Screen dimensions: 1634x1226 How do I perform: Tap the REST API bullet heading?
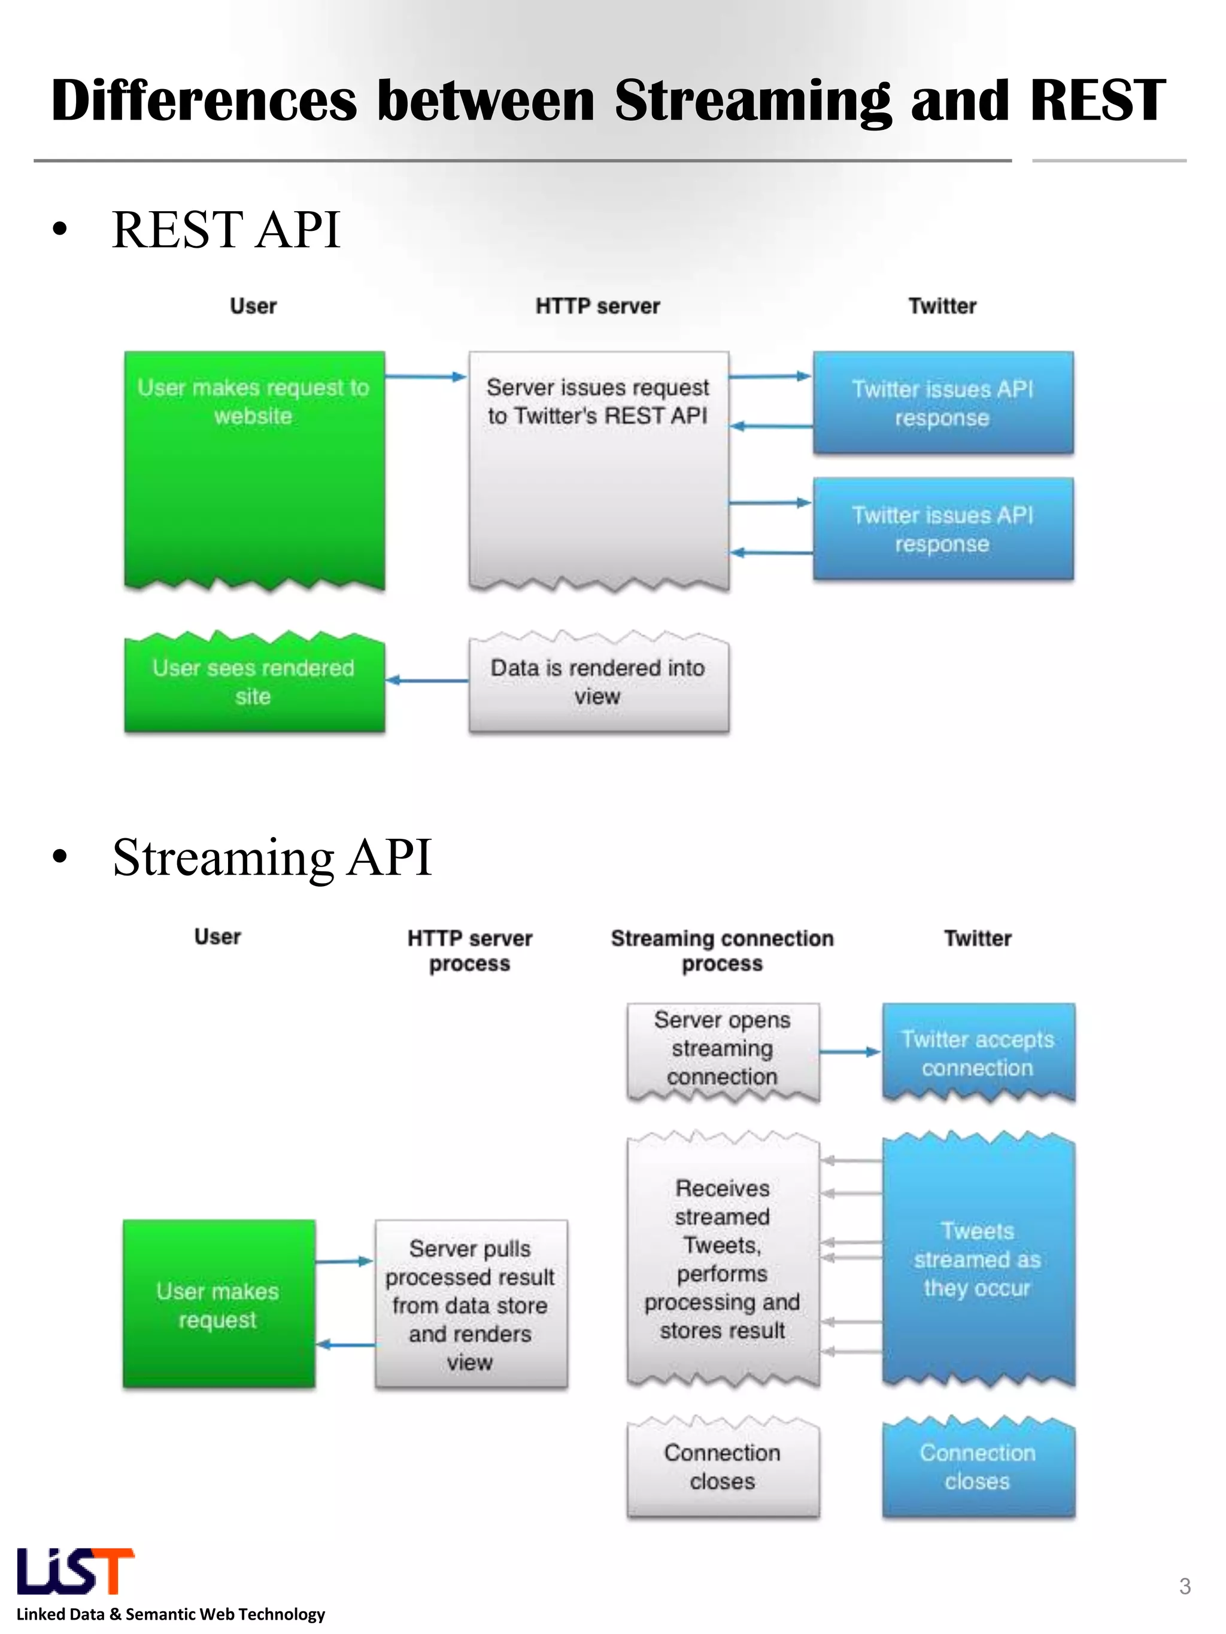click(226, 230)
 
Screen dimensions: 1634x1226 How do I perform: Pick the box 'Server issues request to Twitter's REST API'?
click(598, 468)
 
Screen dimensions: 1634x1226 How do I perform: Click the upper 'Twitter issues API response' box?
click(942, 403)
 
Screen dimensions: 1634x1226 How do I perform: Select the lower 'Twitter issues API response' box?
click(942, 529)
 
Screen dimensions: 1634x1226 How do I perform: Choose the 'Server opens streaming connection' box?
click(722, 1049)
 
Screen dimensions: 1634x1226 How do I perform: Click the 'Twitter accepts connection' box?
click(977, 1052)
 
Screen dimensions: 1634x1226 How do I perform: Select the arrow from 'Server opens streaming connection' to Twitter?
click(850, 1051)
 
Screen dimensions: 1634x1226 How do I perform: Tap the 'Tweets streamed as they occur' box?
click(977, 1259)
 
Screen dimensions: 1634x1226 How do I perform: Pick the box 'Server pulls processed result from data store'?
click(471, 1304)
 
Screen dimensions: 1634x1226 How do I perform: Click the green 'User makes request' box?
click(219, 1304)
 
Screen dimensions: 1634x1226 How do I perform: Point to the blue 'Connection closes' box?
click(977, 1466)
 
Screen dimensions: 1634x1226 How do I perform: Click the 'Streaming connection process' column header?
click(722, 951)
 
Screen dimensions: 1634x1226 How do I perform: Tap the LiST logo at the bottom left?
click(75, 1571)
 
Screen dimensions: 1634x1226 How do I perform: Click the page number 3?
click(1185, 1586)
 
